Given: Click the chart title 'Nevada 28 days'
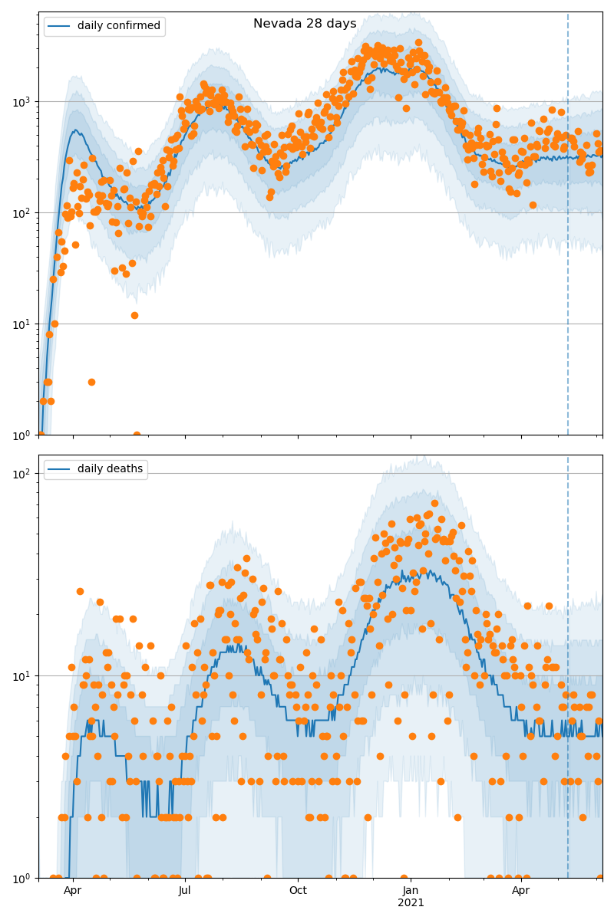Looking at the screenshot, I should pyautogui.click(x=305, y=24).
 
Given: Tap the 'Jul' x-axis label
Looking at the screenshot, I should pyautogui.click(x=185, y=890).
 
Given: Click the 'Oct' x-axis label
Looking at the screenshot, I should pyautogui.click(x=298, y=890).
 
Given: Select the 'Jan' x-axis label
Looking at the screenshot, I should pyautogui.click(x=411, y=890).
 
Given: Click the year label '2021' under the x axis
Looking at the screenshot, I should pyautogui.click(x=411, y=902).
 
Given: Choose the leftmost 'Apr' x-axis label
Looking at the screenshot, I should pyautogui.click(x=72, y=890).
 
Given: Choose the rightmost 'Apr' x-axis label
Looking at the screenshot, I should pyautogui.click(x=521, y=890).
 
